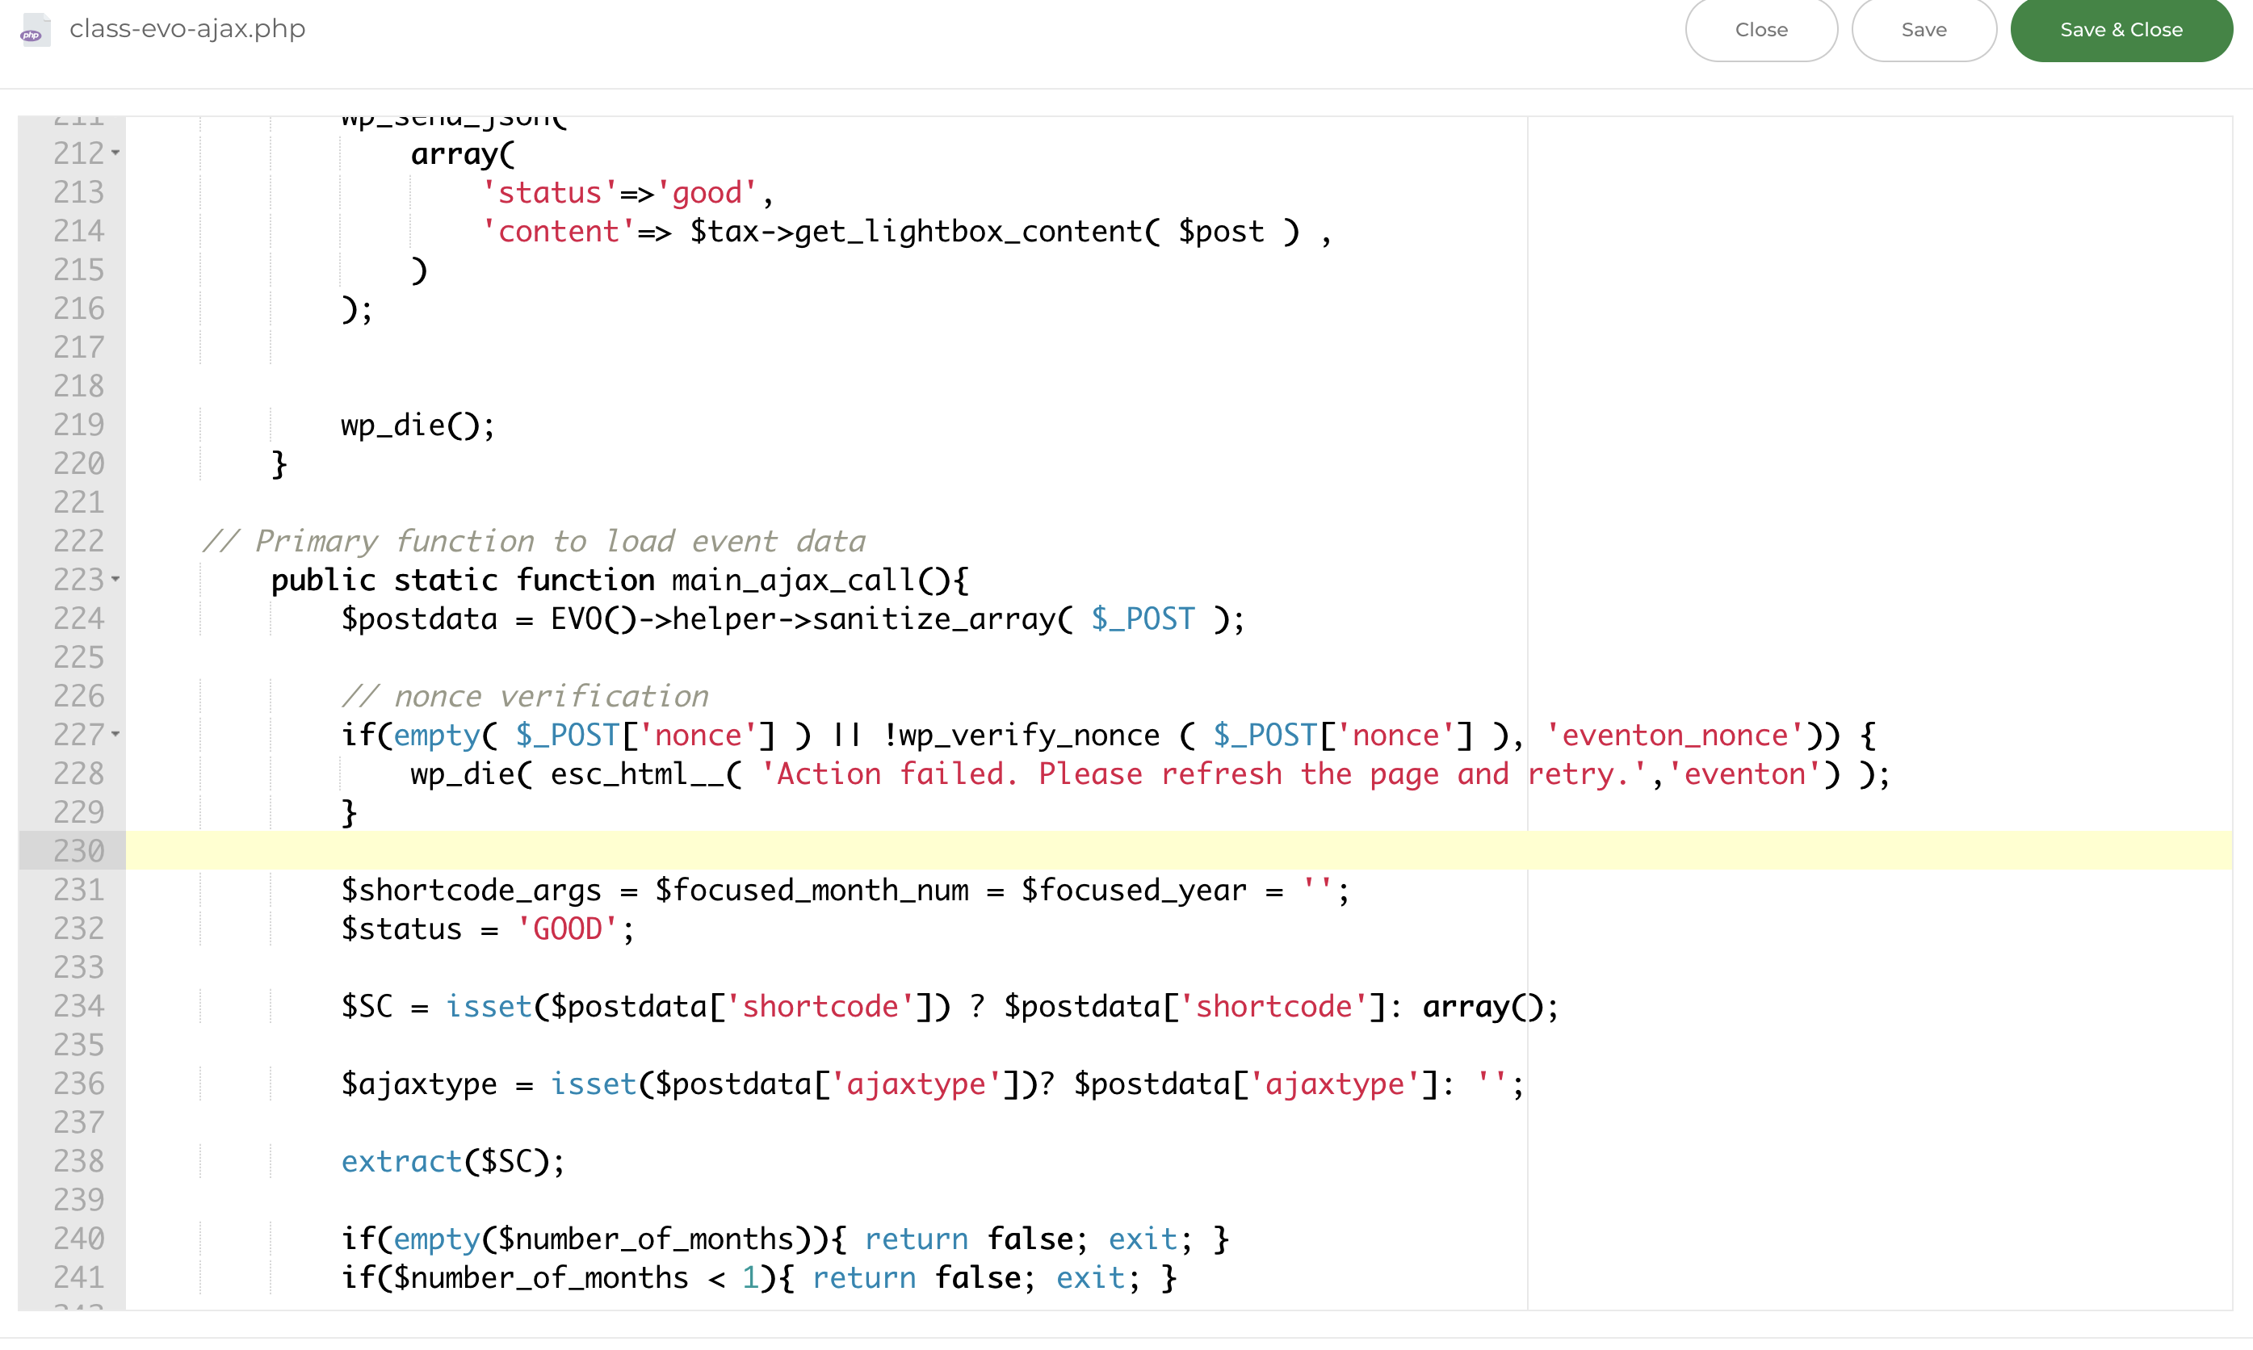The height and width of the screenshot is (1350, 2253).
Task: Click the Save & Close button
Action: coord(2121,29)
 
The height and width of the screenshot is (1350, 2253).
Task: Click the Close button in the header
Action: coord(1761,29)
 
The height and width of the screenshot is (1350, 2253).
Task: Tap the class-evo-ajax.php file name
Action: coord(187,29)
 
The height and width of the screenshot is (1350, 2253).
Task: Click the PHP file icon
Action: coord(35,29)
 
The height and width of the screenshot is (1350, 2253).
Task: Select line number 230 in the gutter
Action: coord(79,850)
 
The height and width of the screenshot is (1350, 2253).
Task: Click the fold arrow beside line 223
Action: coord(115,579)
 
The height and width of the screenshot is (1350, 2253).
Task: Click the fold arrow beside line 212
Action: coord(115,152)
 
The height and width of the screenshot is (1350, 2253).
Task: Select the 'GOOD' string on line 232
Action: coord(568,929)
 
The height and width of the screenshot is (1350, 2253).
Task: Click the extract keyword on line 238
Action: coord(402,1162)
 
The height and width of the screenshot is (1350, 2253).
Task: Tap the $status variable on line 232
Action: coord(402,929)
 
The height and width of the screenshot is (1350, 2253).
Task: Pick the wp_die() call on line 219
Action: coord(417,426)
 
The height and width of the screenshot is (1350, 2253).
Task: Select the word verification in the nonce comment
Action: coord(604,697)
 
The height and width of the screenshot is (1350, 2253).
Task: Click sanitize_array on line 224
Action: coord(934,619)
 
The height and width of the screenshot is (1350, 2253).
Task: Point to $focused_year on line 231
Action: coord(1133,891)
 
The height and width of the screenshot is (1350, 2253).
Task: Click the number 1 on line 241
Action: coord(749,1278)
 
